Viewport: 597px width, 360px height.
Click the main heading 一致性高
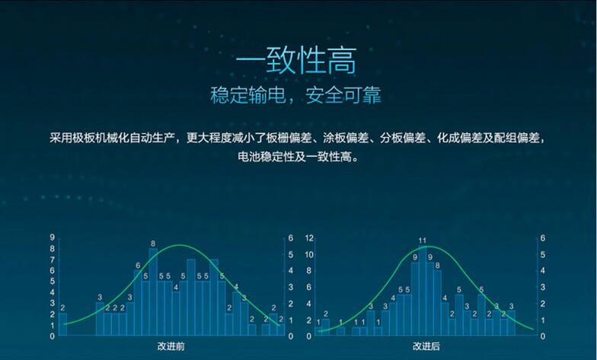coord(295,62)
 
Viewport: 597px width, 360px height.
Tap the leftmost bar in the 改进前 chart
coord(62,324)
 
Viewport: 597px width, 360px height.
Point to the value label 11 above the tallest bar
coord(423,241)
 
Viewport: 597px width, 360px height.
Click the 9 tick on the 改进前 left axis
coord(51,238)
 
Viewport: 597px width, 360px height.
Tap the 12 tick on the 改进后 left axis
coord(309,238)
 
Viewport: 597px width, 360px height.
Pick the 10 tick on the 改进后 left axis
coord(309,254)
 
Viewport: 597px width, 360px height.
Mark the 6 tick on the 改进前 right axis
coord(291,238)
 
